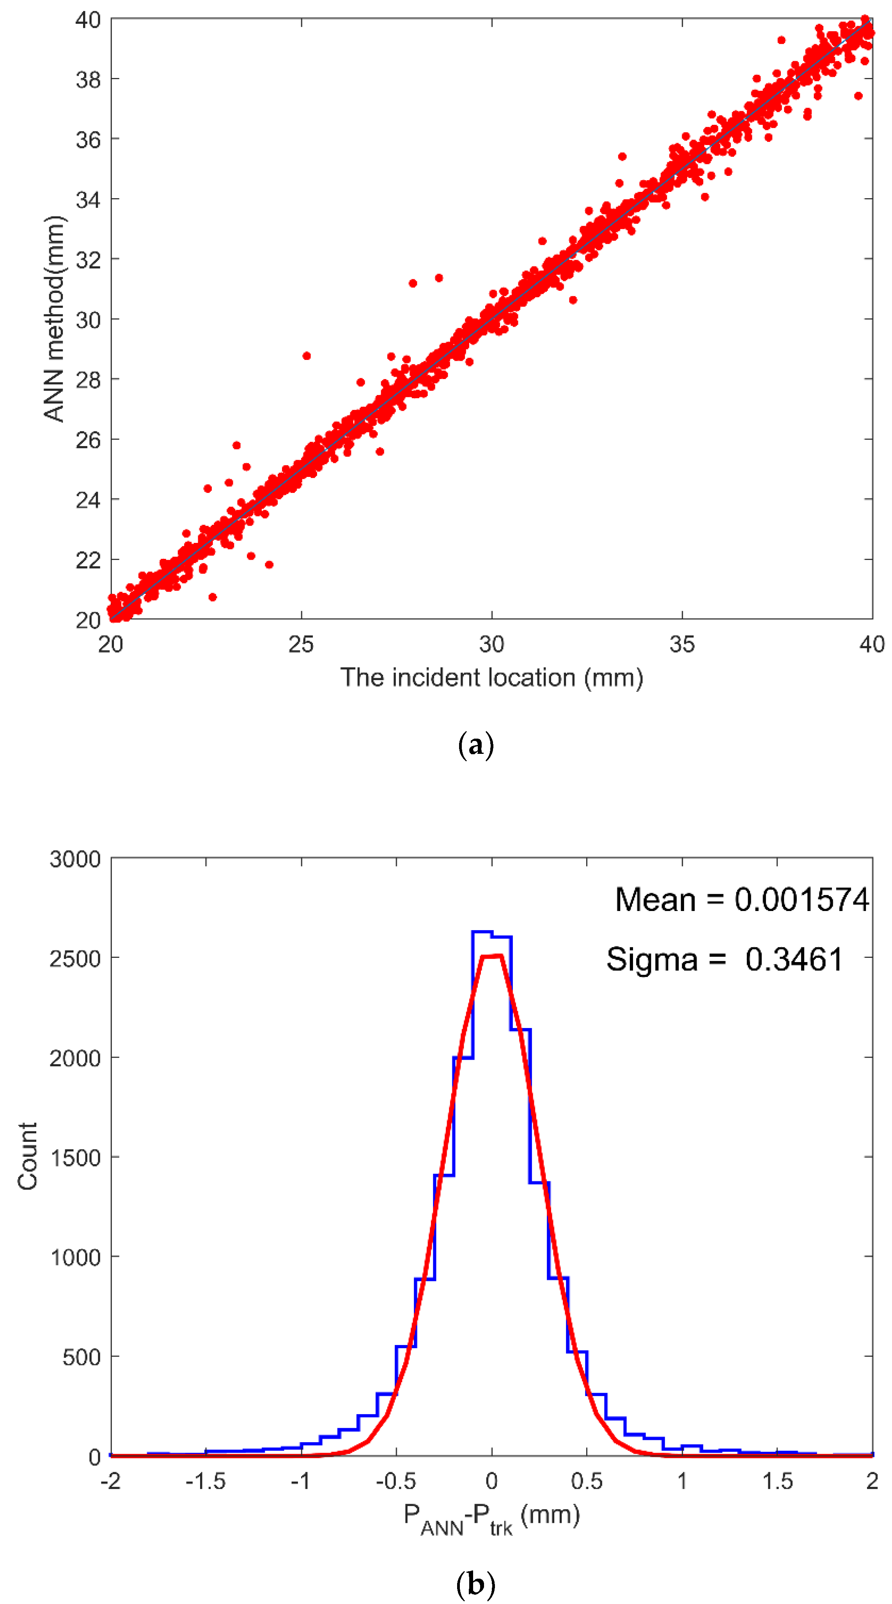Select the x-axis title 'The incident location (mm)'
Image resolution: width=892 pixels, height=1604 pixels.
coord(491,677)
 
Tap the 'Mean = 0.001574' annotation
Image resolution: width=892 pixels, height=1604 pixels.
coord(741,900)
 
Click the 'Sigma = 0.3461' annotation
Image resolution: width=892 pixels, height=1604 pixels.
coord(724,959)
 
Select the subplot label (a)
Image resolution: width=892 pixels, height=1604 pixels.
coord(476,745)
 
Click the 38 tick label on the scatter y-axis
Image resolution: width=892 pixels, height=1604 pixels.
coord(88,80)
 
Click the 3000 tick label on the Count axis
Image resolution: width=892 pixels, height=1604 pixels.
coord(75,859)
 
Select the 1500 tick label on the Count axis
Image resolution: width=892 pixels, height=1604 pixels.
coord(75,1157)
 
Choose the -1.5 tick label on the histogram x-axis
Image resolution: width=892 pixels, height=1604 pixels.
coord(206,1481)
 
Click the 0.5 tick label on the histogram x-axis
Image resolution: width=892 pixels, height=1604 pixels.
coord(587,1481)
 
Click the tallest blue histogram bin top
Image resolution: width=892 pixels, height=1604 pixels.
coord(482,932)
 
